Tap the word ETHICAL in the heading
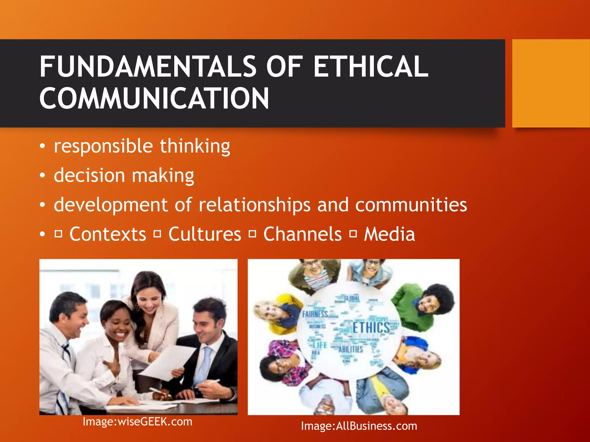(x=371, y=67)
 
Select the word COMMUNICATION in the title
(x=154, y=98)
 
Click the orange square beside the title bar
(x=551, y=83)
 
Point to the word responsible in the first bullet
(x=103, y=146)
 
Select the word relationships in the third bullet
(x=255, y=205)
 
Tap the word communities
(x=411, y=205)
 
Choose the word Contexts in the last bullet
(x=108, y=234)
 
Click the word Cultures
(x=205, y=234)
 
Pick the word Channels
(x=302, y=234)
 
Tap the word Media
(x=389, y=234)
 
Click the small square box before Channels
(x=252, y=234)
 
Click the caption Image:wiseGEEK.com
(x=137, y=422)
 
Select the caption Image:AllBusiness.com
(x=359, y=426)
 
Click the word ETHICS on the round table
(x=371, y=328)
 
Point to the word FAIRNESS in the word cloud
(x=315, y=314)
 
